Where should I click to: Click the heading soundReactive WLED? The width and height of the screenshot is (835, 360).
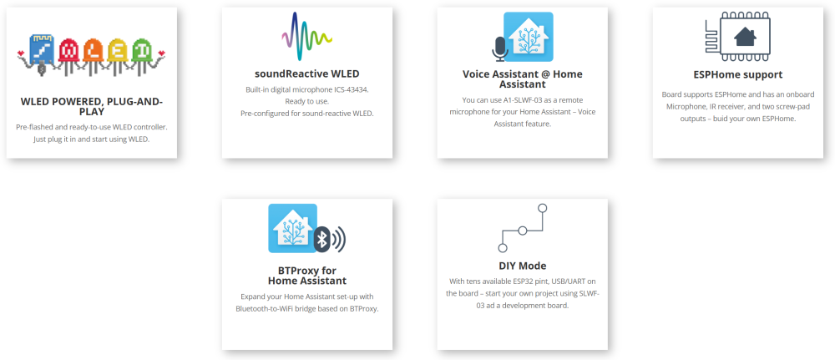point(306,74)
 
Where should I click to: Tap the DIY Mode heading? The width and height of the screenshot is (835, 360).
point(522,266)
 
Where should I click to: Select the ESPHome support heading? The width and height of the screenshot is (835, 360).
point(737,74)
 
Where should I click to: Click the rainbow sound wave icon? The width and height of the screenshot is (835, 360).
point(306,37)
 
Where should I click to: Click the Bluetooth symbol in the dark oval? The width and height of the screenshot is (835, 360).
point(321,240)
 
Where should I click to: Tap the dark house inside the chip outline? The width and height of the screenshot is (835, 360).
point(745,37)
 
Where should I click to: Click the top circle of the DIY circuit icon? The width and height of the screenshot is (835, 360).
point(542,208)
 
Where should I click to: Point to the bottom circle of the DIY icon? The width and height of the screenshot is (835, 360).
point(502,247)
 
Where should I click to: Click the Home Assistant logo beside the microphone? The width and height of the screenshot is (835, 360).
point(529,37)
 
